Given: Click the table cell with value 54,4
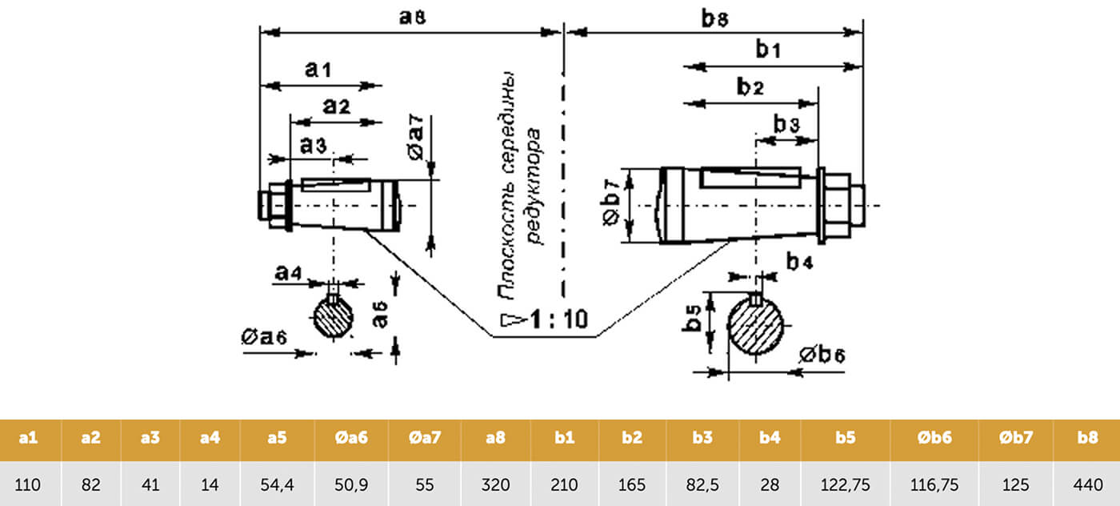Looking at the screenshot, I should (x=277, y=484).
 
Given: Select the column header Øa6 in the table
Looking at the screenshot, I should (x=350, y=439).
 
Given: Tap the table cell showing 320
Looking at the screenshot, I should (x=495, y=484).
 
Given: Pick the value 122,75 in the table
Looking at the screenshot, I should (x=845, y=484).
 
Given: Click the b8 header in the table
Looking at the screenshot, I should (x=1086, y=439).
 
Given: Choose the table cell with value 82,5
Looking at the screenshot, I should (x=702, y=484).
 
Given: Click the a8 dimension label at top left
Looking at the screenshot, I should (x=411, y=17).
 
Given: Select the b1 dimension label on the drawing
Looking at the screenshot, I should (x=769, y=50).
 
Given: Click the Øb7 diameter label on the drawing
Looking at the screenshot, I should (x=610, y=206).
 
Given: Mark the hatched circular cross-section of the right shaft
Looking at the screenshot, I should (x=756, y=327).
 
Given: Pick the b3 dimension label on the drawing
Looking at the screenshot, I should (x=786, y=124).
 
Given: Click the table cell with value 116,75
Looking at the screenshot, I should (x=934, y=484).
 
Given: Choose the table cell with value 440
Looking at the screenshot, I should (x=1086, y=484).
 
